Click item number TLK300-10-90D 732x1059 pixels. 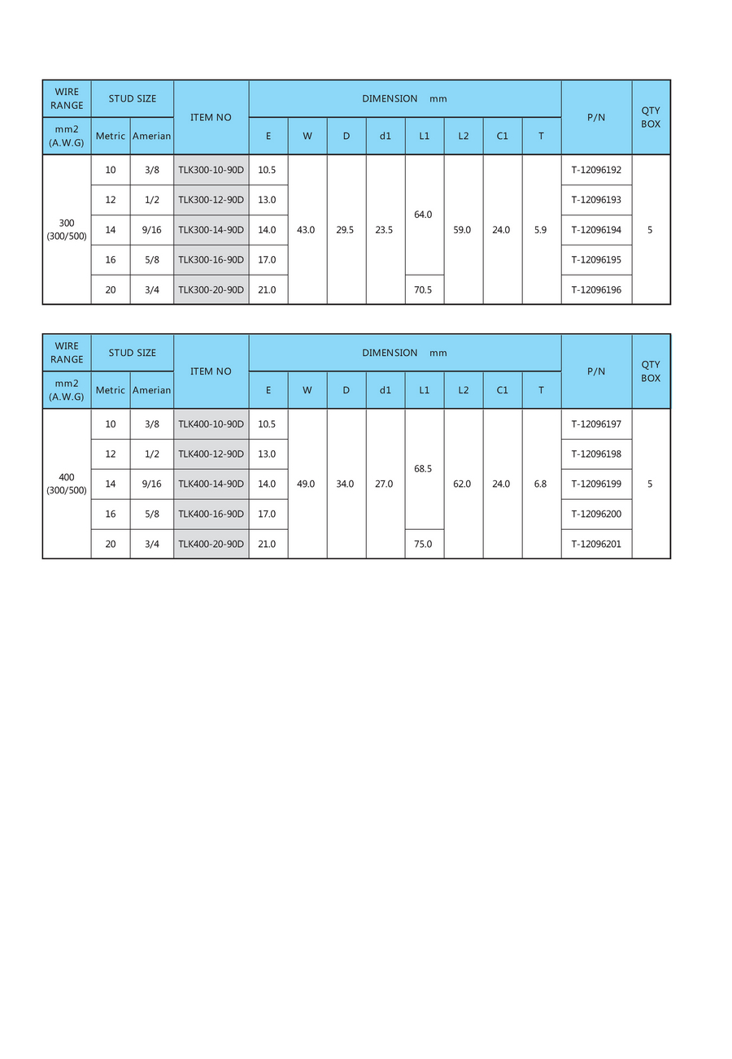coord(211,170)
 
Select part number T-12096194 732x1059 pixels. coord(596,230)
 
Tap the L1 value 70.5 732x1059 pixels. coord(424,290)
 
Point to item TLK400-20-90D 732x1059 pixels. coord(211,544)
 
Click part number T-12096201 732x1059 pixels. coord(596,544)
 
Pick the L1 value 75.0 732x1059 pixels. coord(424,544)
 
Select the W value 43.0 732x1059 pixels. coord(307,230)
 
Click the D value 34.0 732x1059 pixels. coord(346,484)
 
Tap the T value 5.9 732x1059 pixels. coord(541,230)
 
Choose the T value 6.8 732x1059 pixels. coord(541,484)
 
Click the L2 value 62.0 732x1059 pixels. coord(463,484)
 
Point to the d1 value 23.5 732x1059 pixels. coord(385,230)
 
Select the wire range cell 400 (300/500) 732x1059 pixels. coord(67,484)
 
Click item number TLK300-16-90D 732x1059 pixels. coord(211,260)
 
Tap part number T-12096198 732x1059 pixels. coord(596,454)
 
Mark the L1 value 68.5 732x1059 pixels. coord(424,469)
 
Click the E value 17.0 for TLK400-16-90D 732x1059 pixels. coord(268,514)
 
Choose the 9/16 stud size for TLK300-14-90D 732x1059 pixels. coord(151,230)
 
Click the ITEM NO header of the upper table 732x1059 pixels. coord(211,117)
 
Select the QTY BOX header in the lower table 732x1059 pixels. coord(651,371)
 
